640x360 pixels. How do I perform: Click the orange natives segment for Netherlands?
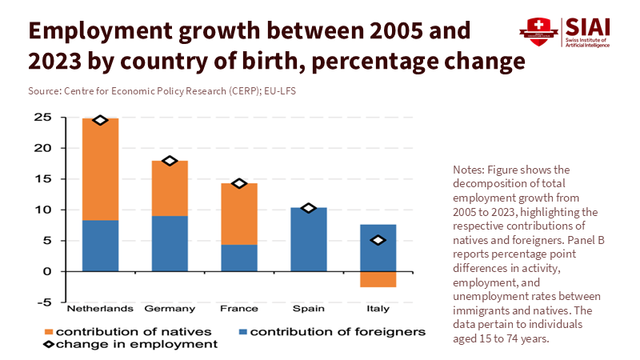click(x=100, y=169)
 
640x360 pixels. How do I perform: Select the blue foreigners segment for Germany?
click(x=170, y=243)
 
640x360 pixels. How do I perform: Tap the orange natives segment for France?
click(x=239, y=214)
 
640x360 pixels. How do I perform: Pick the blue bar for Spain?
click(x=309, y=239)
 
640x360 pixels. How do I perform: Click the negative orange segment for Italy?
click(x=378, y=279)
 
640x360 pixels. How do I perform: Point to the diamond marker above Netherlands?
click(x=100, y=120)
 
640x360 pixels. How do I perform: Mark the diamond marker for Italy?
click(x=378, y=240)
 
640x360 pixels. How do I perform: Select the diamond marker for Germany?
click(x=170, y=161)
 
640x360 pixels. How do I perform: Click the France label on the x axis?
click(x=239, y=308)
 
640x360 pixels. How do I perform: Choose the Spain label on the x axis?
click(x=309, y=308)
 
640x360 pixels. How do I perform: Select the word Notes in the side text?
click(x=467, y=170)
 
